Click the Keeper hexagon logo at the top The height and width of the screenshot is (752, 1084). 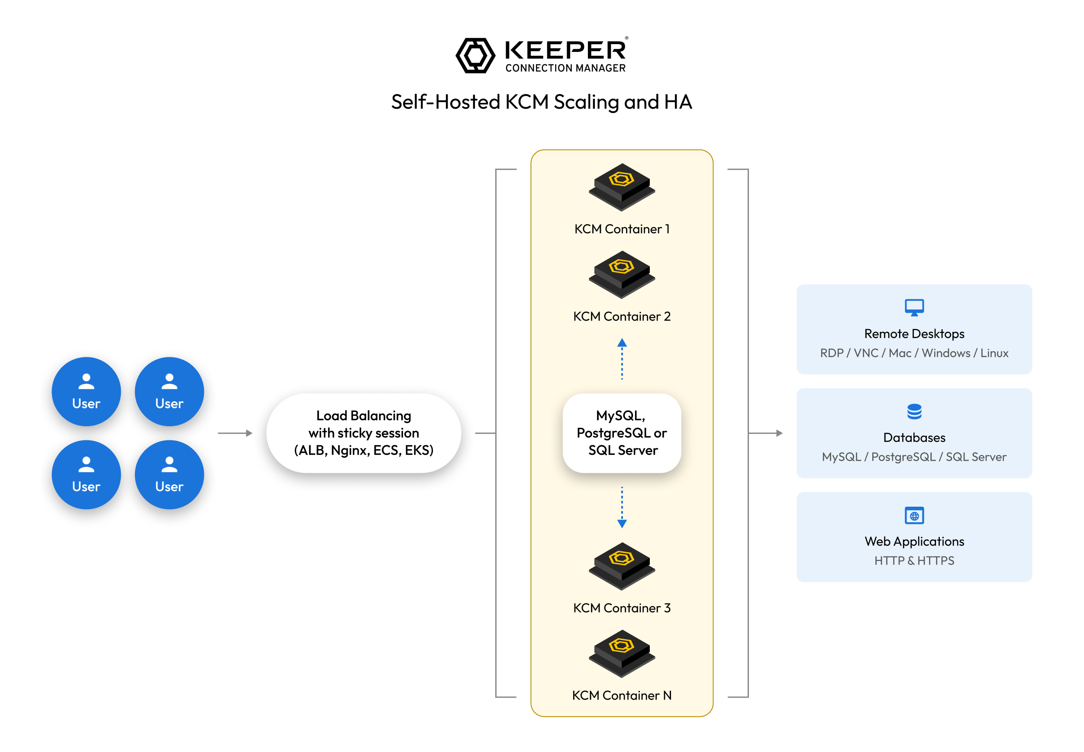(x=474, y=55)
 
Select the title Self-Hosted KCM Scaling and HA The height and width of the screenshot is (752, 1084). (x=542, y=102)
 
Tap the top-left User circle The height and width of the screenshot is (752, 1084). (x=86, y=392)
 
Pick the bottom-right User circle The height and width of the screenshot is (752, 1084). (x=169, y=475)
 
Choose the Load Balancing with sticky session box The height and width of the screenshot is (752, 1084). (x=363, y=433)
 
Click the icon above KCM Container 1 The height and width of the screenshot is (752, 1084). (x=622, y=187)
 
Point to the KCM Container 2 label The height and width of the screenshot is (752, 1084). (x=622, y=316)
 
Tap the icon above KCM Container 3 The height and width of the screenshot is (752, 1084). (x=622, y=566)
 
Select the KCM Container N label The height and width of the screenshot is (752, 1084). (x=622, y=695)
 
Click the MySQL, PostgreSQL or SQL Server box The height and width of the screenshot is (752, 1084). (x=622, y=433)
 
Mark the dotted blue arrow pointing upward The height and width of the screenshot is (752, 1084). (x=622, y=359)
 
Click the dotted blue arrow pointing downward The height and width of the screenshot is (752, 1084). (x=622, y=508)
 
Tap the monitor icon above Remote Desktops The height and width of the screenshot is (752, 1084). (x=914, y=308)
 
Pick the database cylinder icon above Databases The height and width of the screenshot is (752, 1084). (x=914, y=411)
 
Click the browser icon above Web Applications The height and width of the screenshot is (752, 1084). (x=914, y=515)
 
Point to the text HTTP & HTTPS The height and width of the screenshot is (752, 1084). (x=914, y=561)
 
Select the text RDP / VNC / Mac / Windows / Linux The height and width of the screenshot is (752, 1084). (x=914, y=353)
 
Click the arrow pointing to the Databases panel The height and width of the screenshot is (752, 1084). (x=765, y=433)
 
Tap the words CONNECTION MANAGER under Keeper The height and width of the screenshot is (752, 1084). (x=565, y=68)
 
